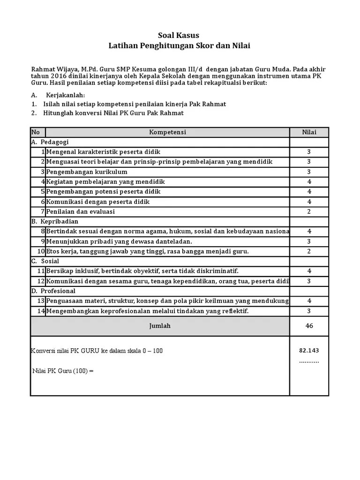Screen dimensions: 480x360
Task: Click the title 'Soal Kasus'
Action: [180, 35]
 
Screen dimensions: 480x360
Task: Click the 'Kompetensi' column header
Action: [167, 132]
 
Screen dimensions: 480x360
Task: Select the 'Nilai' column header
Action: [309, 132]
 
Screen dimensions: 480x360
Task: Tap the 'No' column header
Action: [36, 132]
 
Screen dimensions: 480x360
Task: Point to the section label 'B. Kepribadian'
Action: [55, 221]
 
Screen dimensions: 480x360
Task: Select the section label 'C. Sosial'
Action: [47, 261]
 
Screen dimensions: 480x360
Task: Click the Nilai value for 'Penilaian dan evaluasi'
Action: [309, 211]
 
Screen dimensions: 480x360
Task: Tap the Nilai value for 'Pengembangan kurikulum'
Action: [309, 172]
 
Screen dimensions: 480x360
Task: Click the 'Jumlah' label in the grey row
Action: [160, 326]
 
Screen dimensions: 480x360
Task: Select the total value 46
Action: [309, 326]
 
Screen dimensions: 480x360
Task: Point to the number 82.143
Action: [309, 351]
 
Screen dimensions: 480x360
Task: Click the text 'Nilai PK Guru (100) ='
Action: [63, 371]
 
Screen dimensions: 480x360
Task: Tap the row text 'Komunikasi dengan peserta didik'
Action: [98, 202]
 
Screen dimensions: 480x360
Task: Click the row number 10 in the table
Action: [40, 251]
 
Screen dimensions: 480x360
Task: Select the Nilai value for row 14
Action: [309, 311]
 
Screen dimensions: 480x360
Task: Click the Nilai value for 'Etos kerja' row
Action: [309, 251]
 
